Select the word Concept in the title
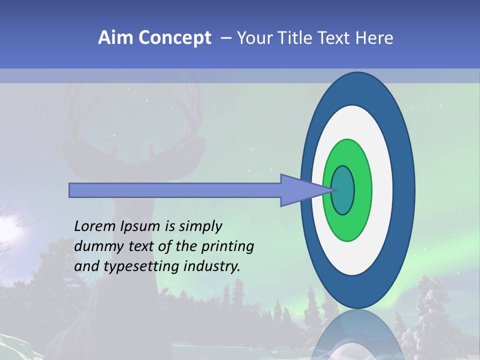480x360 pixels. [174, 38]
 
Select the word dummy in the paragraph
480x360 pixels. [94, 246]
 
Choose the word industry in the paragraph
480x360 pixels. [212, 266]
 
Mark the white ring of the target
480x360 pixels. [382, 190]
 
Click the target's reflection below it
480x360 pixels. [357, 337]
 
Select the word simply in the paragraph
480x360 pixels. [200, 226]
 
